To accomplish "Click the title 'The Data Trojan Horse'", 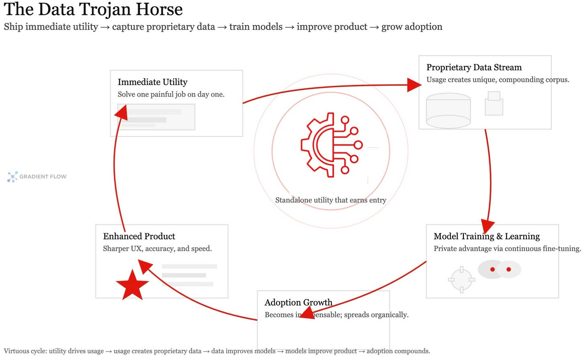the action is point(93,9).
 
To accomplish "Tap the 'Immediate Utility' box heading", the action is point(152,82).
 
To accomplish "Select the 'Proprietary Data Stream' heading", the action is point(474,67).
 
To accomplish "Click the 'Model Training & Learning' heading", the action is point(487,236).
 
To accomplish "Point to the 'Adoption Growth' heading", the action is point(298,302).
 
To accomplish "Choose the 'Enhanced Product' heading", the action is point(139,236).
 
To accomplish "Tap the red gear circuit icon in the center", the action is point(331,145).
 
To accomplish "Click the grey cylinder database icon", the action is point(448,110).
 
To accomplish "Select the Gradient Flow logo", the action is point(36,177).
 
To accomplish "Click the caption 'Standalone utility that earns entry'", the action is point(331,200).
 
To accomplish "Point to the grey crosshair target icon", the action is point(461,279).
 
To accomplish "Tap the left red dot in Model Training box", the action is point(493,269).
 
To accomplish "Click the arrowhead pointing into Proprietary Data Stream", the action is point(414,85).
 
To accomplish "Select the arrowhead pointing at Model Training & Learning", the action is point(488,226).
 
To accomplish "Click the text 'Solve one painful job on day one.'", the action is point(171,94).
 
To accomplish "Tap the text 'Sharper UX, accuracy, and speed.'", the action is point(157,248).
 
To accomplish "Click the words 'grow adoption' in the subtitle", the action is point(412,27).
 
